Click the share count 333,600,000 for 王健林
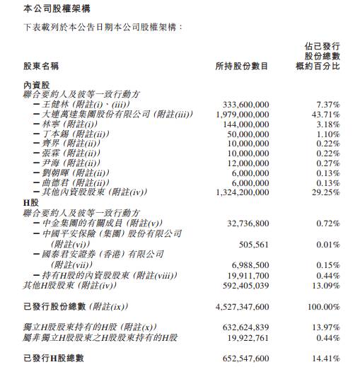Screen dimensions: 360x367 (242, 105)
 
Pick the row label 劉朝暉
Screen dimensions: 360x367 (59, 173)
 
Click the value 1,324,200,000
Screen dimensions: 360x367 (239, 192)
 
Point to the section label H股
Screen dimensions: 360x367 (30, 202)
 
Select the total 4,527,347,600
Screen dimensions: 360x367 (239, 308)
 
